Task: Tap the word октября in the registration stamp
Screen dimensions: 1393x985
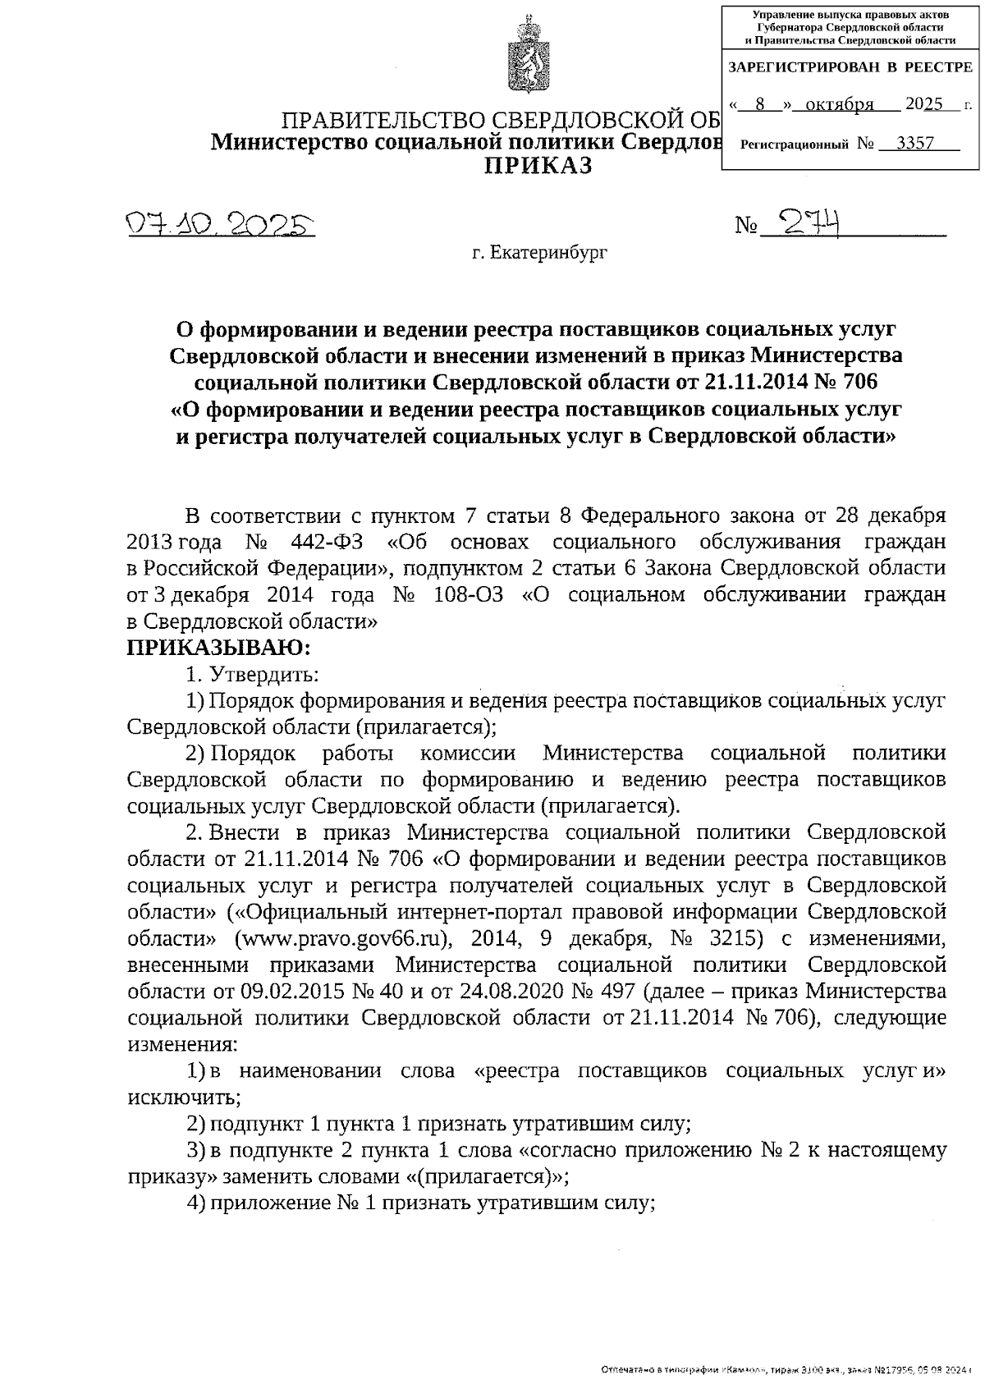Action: pos(839,105)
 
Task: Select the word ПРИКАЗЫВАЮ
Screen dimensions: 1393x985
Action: pos(219,648)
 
